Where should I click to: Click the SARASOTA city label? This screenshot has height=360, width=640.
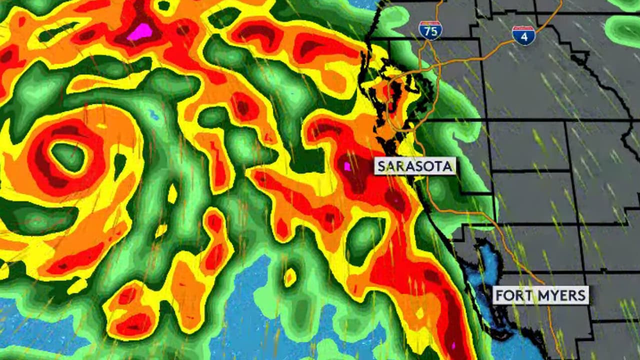point(415,166)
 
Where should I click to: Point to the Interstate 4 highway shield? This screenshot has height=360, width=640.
point(523,35)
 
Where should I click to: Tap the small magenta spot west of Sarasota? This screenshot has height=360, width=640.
point(347,166)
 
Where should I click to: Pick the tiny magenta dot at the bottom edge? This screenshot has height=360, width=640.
point(454,345)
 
